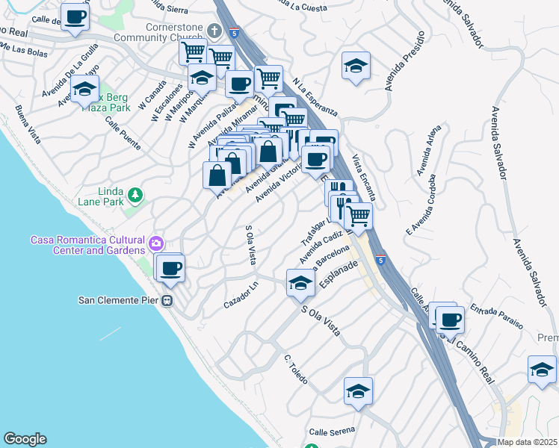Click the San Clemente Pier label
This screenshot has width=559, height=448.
[120, 300]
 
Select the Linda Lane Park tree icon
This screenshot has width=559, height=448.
[135, 196]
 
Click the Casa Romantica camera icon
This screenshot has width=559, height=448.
[155, 243]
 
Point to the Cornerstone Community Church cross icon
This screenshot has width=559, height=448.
[215, 31]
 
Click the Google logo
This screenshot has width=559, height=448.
[25, 439]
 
